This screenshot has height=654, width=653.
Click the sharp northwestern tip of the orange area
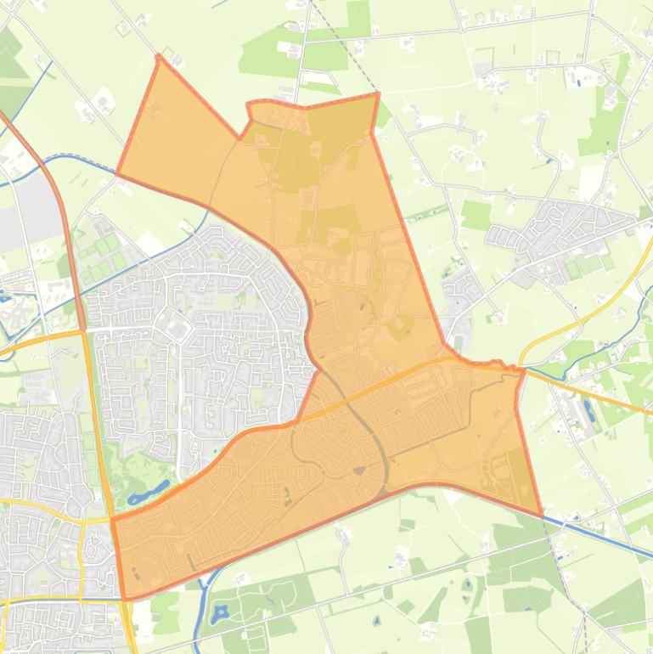tap(159, 57)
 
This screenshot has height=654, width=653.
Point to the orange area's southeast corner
tap(541, 515)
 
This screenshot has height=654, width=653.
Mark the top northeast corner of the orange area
tap(377, 94)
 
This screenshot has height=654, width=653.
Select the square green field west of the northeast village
tap(477, 215)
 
